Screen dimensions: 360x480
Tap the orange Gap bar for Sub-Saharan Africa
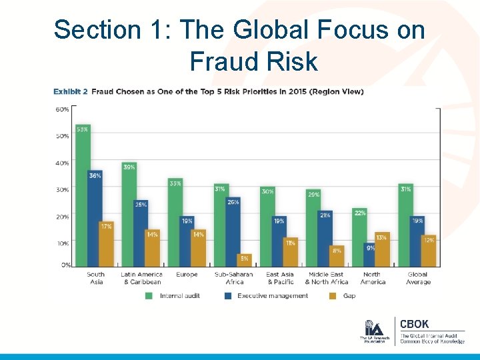pyautogui.click(x=245, y=260)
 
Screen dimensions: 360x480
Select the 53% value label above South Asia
pyautogui.click(x=83, y=129)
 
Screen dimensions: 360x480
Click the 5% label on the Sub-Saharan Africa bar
pyautogui.click(x=245, y=258)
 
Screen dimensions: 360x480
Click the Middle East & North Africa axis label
pyautogui.click(x=326, y=278)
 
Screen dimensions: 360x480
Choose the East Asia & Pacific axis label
pyautogui.click(x=280, y=278)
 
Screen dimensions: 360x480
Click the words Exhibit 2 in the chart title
pyautogui.click(x=71, y=92)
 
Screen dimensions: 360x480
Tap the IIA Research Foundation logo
pyautogui.click(x=373, y=331)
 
